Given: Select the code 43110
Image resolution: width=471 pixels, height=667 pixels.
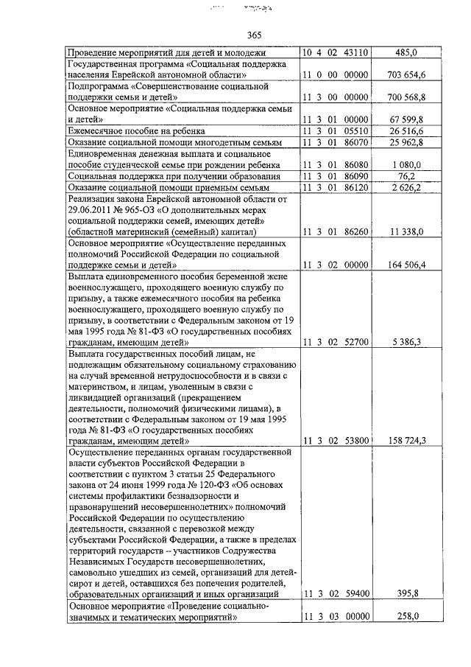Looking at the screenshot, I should [353, 53].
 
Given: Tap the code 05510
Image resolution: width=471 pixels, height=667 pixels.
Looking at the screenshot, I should [353, 130].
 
